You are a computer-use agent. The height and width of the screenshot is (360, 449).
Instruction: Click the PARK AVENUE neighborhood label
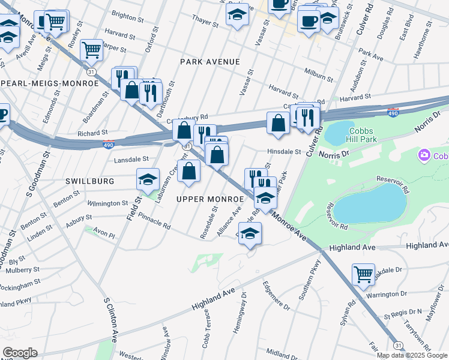(x=210, y=62)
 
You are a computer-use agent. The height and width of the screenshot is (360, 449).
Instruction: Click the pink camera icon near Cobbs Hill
(x=424, y=156)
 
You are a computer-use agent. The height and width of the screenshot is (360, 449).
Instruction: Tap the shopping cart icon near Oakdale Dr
(x=363, y=274)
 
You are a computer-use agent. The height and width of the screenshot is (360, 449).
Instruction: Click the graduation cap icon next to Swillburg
(x=148, y=178)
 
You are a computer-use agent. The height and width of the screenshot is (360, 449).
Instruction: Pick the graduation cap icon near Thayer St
(x=237, y=14)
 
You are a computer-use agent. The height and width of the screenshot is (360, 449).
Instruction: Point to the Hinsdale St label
(x=284, y=152)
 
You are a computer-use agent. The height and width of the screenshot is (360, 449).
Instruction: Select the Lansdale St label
(x=131, y=160)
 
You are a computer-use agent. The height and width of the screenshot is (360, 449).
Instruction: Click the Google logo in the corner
(x=20, y=352)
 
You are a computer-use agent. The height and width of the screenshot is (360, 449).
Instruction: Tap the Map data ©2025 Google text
(x=412, y=355)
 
